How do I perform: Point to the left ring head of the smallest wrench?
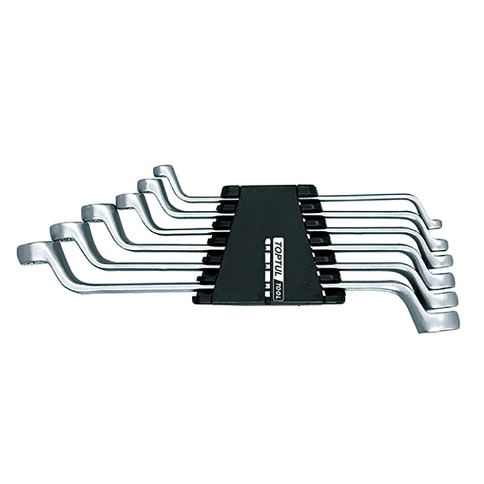[x=163, y=171]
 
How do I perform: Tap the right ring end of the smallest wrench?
[x=436, y=224]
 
